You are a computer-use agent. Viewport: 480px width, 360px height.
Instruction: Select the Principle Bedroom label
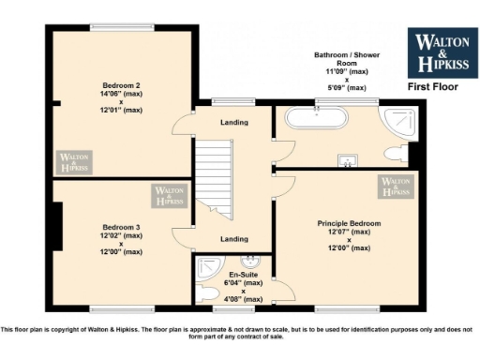coord(349,223)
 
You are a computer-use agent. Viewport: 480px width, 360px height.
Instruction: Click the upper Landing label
coord(233,123)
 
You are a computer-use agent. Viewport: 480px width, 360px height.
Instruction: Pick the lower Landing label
coord(233,239)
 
